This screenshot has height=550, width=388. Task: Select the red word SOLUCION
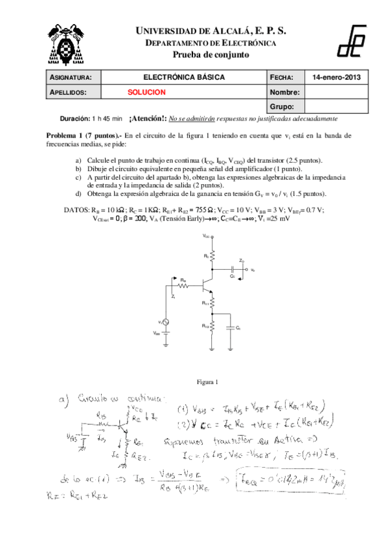click(x=146, y=93)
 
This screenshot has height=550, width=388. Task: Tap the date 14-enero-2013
click(x=336, y=77)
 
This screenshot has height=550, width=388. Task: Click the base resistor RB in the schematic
click(x=185, y=284)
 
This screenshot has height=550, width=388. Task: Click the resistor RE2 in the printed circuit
click(x=211, y=328)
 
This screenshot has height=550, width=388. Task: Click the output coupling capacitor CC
click(x=231, y=268)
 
